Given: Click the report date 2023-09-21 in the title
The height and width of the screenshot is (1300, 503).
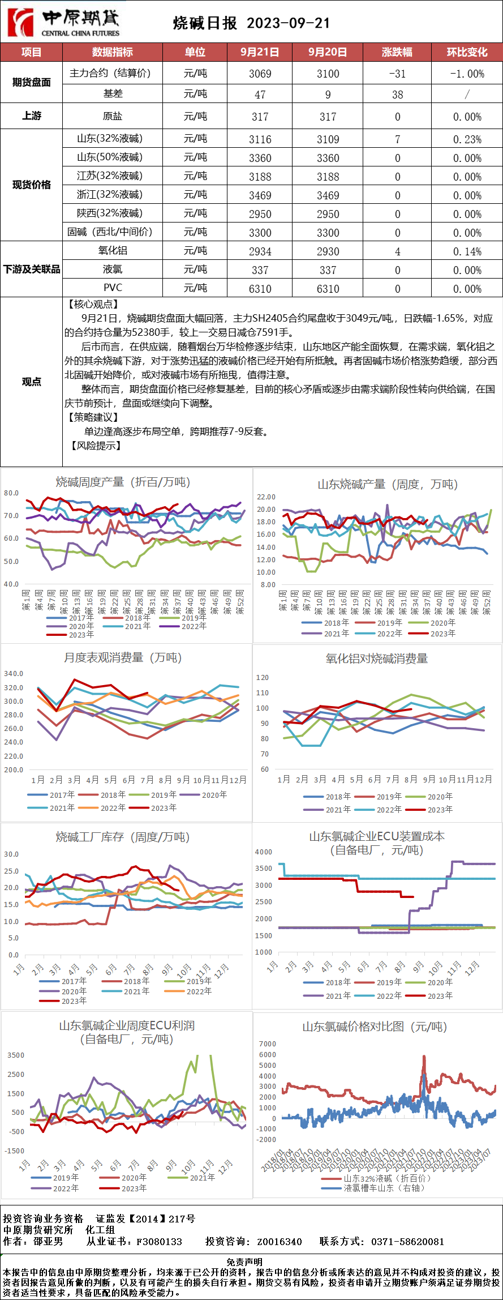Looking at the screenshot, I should pyautogui.click(x=288, y=23).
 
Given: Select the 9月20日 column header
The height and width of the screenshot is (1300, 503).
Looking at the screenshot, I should pyautogui.click(x=328, y=52).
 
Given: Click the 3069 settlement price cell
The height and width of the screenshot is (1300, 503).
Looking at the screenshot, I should pyautogui.click(x=260, y=74).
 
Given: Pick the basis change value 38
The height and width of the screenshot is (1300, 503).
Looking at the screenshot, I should pyautogui.click(x=397, y=95).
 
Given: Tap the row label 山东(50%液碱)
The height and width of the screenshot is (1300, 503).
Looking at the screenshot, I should pyautogui.click(x=110, y=157).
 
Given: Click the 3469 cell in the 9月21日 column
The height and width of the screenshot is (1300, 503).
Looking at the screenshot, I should pyautogui.click(x=260, y=195).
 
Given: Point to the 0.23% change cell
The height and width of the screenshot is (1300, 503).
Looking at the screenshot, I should pyautogui.click(x=467, y=139).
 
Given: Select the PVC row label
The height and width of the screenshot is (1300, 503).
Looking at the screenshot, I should pyautogui.click(x=113, y=288).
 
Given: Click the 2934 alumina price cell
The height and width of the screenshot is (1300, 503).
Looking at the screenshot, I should pyautogui.click(x=260, y=251).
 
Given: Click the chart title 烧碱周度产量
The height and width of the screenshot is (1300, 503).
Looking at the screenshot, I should pyautogui.click(x=123, y=482).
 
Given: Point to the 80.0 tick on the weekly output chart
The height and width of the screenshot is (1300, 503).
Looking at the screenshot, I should pyautogui.click(x=11, y=493).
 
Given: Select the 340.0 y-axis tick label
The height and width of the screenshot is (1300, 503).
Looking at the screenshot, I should pyautogui.click(x=14, y=674).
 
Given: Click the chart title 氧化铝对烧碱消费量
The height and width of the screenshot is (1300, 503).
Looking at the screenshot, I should pyautogui.click(x=376, y=658).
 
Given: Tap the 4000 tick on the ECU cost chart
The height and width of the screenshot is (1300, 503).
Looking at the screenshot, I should pyautogui.click(x=264, y=852).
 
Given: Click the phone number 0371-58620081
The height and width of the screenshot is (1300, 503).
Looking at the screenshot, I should pyautogui.click(x=407, y=1242).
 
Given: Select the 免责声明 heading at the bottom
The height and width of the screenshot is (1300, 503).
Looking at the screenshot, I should pyautogui.click(x=244, y=1262).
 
